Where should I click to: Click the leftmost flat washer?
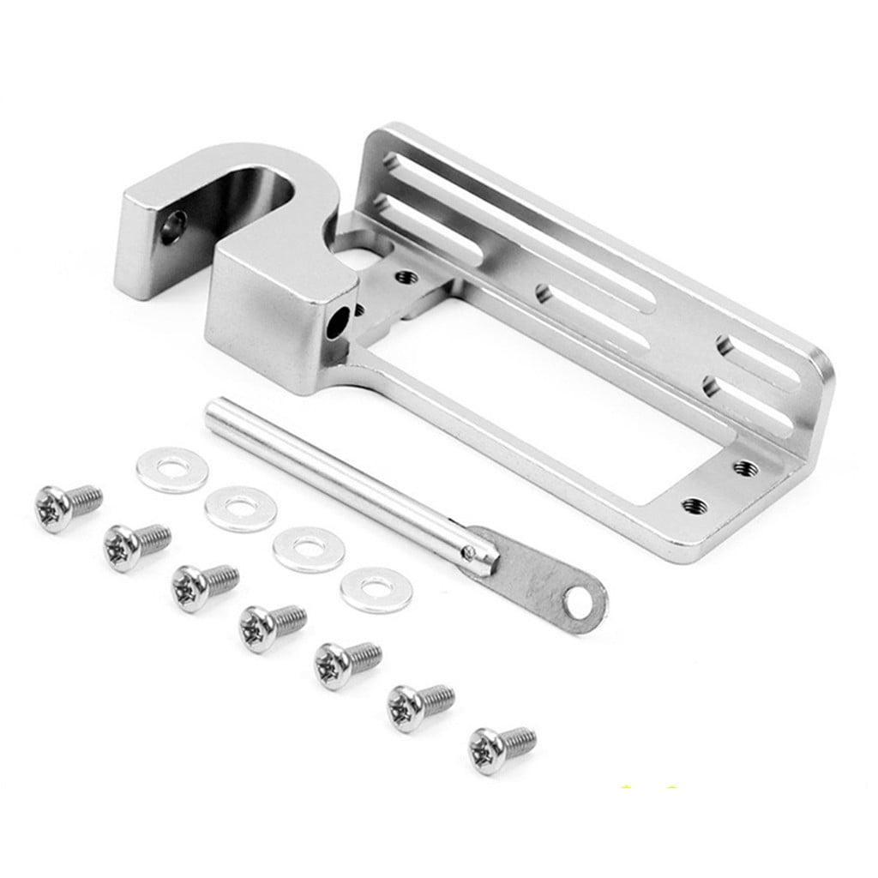[x=171, y=469]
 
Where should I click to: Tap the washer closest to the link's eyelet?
[x=376, y=589]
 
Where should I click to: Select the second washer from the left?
[x=240, y=508]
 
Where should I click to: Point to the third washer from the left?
[x=309, y=549]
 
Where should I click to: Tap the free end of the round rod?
[x=213, y=408]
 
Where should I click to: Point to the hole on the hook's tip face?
[x=173, y=228]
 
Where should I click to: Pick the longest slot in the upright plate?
[x=549, y=215]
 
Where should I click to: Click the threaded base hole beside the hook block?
[x=406, y=277]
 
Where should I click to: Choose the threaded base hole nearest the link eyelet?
[x=693, y=504]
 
